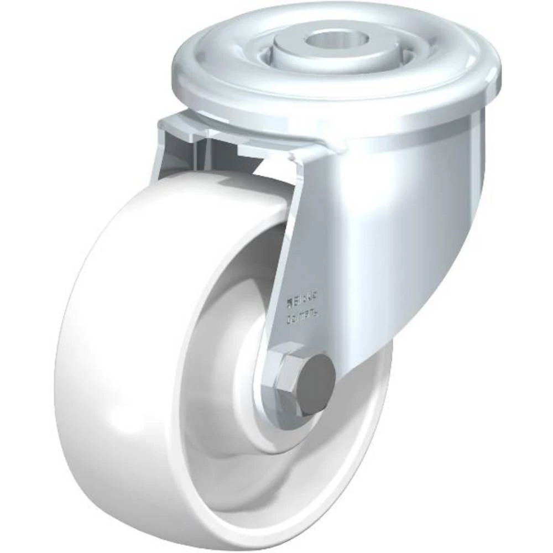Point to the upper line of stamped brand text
[x=301, y=301]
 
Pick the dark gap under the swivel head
[x=221, y=158]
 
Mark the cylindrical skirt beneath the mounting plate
[x=453, y=138]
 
